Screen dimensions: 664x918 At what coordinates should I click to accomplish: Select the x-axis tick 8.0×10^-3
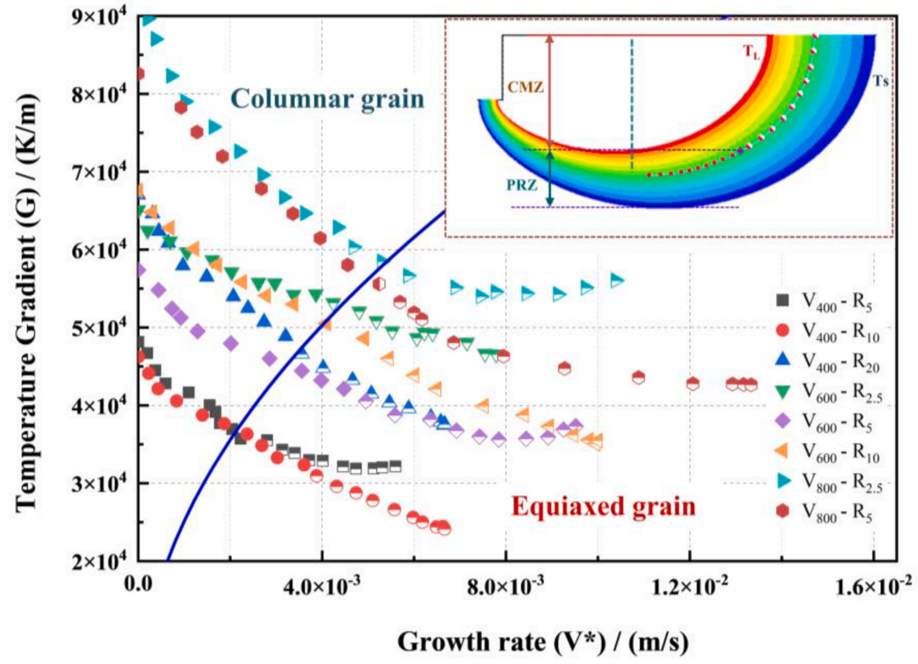tap(507, 585)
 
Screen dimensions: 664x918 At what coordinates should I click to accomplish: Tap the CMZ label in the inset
tap(523, 85)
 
